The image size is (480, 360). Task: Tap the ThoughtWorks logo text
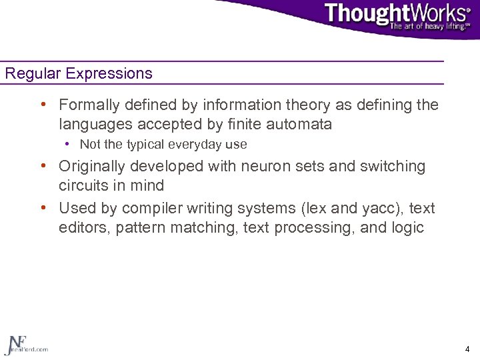(x=397, y=14)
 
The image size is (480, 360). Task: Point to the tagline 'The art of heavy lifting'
(x=429, y=27)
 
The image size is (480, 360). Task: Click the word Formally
(x=88, y=105)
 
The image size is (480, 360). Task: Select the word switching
(x=392, y=166)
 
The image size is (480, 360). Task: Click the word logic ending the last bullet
(x=408, y=227)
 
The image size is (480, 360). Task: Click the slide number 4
(x=467, y=349)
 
